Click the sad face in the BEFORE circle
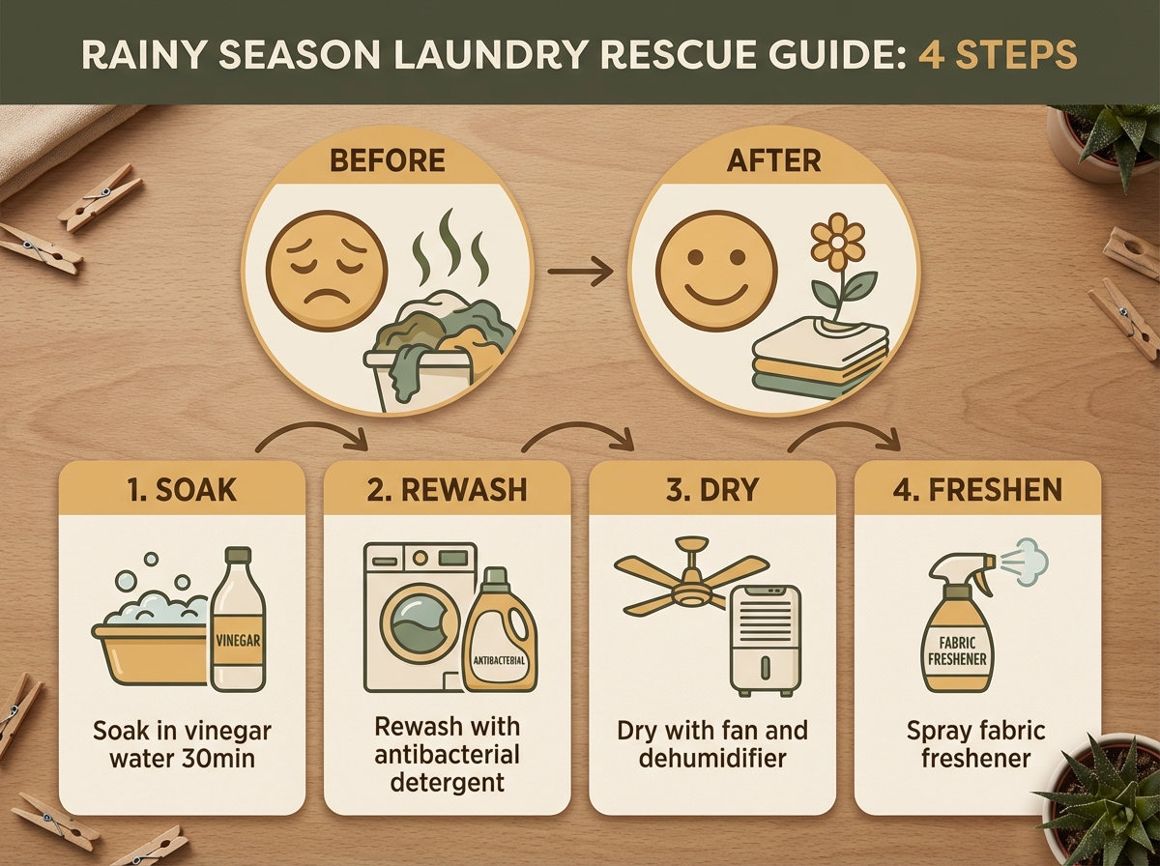tap(327, 272)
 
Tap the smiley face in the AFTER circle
tap(716, 272)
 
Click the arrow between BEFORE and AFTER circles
tap(580, 272)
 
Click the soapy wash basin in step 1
tap(150, 634)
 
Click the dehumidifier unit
tap(766, 638)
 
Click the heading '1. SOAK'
tap(182, 490)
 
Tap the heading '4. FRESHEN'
tap(977, 490)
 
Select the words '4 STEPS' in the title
tap(998, 54)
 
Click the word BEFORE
tap(388, 160)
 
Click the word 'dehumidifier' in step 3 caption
tap(712, 758)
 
